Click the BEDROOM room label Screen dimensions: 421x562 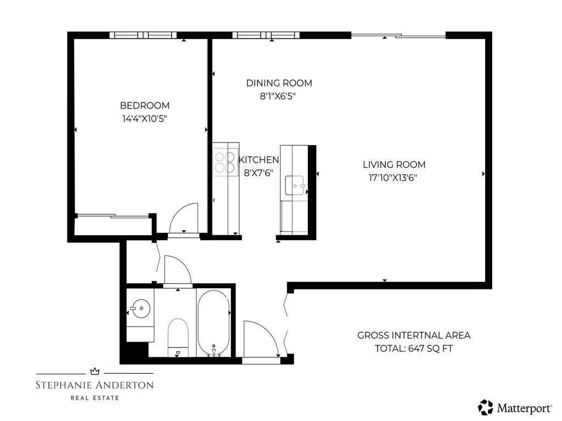(x=145, y=105)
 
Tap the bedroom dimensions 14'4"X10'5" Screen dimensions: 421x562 (x=145, y=118)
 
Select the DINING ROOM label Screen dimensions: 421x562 (x=279, y=83)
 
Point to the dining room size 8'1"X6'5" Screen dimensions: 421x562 (x=279, y=95)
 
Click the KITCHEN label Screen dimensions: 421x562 (x=258, y=160)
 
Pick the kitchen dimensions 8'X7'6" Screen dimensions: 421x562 (x=258, y=172)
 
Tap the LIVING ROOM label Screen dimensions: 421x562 (x=394, y=164)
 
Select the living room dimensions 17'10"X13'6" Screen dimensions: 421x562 (x=394, y=177)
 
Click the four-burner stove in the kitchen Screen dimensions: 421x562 (x=224, y=162)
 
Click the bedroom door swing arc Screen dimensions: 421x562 (x=184, y=218)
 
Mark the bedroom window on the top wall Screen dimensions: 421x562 (x=143, y=35)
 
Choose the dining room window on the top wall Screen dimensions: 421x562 (x=266, y=35)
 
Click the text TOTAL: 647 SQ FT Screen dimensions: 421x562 (x=414, y=348)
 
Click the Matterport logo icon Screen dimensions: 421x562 (x=486, y=407)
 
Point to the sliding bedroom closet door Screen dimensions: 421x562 (x=113, y=216)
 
